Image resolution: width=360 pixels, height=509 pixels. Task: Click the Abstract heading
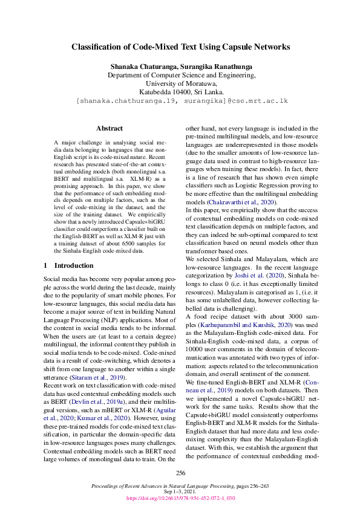110,128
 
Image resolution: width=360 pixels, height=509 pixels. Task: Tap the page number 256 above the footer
180,473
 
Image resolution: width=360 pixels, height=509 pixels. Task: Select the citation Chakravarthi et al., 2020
244,201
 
